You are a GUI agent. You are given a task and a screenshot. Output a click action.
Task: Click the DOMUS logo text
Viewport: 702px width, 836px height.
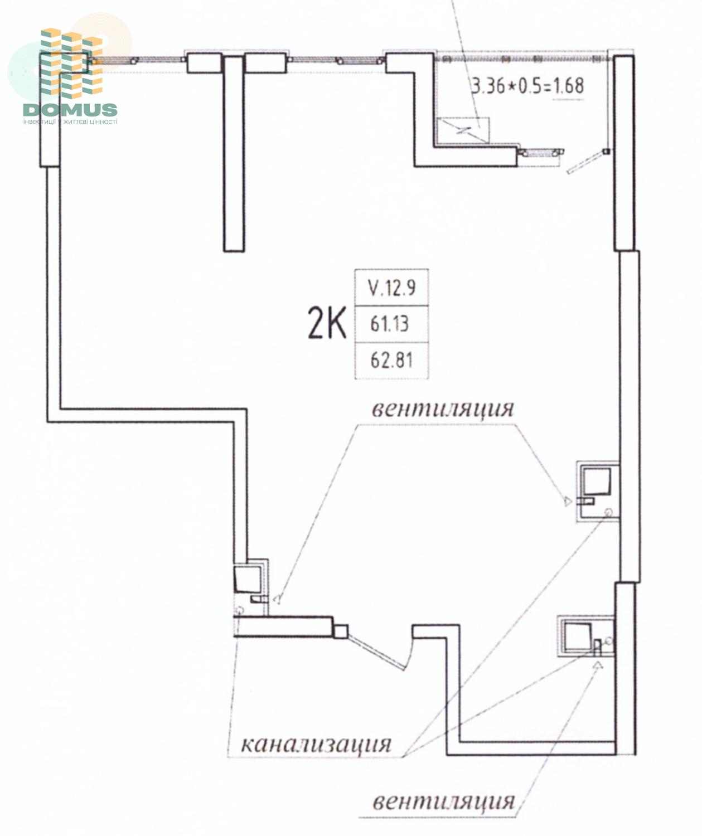coord(70,109)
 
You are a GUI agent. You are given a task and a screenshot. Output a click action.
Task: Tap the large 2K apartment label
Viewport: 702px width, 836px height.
coord(327,323)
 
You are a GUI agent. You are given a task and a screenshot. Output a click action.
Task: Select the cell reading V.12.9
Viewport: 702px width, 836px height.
coord(391,287)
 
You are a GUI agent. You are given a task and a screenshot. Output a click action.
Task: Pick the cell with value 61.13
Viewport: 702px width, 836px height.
coord(391,323)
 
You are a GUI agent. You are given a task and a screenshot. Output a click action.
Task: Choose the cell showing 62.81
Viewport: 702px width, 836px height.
coord(391,360)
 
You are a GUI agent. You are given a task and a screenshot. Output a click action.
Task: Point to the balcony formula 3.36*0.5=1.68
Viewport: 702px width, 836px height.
coord(527,86)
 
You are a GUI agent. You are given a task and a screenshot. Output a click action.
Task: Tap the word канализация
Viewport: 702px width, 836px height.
coord(316,744)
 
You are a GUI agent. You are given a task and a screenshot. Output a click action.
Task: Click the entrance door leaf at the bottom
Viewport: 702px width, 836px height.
coord(379,653)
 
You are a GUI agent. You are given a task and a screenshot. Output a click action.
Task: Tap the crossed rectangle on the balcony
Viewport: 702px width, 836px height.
coord(463,130)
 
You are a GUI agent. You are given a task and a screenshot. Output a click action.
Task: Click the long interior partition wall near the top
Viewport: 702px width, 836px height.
coord(234,154)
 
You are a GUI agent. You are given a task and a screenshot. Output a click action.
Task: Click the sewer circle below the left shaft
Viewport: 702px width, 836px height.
coord(240,610)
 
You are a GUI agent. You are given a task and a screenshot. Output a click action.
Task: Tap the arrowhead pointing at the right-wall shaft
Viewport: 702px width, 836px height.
coord(568,501)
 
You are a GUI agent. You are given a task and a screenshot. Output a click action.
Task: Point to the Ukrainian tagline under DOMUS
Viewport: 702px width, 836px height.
coord(70,121)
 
